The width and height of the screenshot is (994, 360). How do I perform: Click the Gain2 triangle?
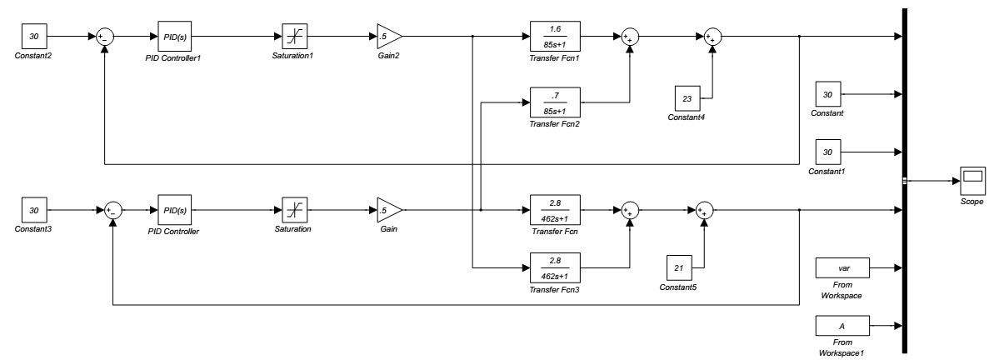pos(388,37)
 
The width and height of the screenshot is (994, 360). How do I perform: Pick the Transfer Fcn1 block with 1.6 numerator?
pos(555,37)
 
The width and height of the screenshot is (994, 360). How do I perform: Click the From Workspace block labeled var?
pos(842,268)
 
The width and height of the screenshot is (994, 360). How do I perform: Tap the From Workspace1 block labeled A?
pos(842,326)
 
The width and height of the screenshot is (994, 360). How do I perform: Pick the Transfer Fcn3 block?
pos(555,267)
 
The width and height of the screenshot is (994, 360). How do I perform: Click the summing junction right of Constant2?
pos(106,37)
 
